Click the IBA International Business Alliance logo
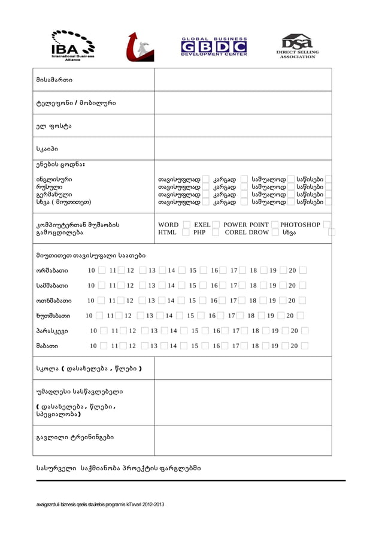(x=72, y=46)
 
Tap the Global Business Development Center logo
(x=214, y=46)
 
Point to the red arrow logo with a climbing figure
(x=140, y=46)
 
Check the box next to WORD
(x=186, y=225)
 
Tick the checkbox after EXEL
(x=217, y=225)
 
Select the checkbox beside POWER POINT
(x=275, y=225)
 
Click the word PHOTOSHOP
(x=300, y=225)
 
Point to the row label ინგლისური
(x=54, y=179)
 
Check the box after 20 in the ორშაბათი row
(x=302, y=271)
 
